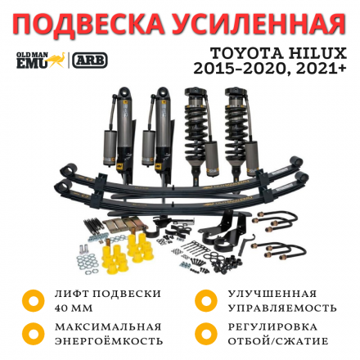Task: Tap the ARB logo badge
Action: [x=90, y=61]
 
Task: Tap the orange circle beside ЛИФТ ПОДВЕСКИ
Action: [x=33, y=300]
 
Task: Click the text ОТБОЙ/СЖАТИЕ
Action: [x=278, y=340]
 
